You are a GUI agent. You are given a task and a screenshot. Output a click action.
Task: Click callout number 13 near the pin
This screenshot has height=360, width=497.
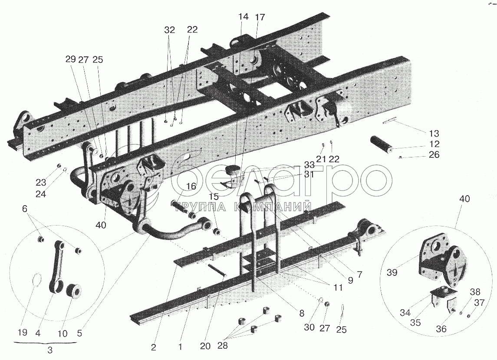point(434,133)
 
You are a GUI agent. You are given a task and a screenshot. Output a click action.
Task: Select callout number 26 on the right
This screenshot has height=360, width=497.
point(434,155)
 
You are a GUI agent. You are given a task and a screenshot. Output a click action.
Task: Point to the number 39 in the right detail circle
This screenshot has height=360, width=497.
point(392,272)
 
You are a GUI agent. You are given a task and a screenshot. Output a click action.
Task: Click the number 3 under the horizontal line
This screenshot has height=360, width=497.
point(50,350)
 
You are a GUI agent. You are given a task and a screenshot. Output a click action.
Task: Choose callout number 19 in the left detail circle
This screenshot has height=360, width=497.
point(23,332)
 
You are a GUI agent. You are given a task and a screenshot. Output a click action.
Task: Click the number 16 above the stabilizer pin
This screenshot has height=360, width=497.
point(191,186)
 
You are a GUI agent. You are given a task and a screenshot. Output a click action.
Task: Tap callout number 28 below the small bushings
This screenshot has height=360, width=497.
point(223,345)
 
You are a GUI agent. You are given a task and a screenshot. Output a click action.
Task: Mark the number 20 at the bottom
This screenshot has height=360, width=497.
point(205,347)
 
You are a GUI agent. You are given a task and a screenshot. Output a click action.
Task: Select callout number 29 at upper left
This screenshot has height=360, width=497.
point(71,59)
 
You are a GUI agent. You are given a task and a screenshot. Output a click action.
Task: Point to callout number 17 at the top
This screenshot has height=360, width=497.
point(260,17)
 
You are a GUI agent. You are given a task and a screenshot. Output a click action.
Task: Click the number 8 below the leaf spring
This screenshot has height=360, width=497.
point(301,314)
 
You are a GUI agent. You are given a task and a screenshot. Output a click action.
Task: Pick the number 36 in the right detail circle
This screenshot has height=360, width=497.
point(441,329)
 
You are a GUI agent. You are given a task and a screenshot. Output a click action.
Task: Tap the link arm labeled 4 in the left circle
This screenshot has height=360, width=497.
point(57,265)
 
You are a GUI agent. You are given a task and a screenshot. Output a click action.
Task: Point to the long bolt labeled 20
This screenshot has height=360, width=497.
point(217,270)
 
